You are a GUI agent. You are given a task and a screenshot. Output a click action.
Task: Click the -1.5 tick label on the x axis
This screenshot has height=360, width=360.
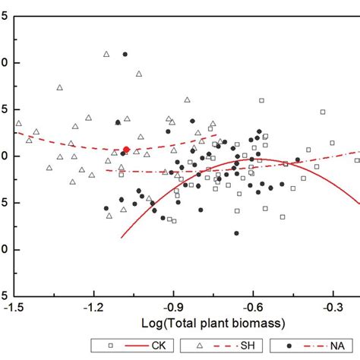click(14, 308)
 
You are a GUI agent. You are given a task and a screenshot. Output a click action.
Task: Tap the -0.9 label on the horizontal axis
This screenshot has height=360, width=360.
click(173, 308)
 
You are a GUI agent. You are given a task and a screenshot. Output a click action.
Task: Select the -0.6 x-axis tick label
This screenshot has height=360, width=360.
click(252, 308)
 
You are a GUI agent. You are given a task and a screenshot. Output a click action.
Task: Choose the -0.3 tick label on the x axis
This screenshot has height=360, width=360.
click(332, 308)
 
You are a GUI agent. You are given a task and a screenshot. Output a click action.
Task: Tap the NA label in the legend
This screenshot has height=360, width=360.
click(336, 346)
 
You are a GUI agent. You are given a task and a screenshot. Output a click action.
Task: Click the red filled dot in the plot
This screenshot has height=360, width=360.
click(126, 150)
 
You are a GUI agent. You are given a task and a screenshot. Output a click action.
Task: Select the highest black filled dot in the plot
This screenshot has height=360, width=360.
click(125, 55)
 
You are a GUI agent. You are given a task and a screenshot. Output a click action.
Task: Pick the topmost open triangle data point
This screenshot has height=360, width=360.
click(106, 54)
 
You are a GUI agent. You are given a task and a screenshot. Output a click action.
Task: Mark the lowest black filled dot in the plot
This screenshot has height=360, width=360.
click(236, 234)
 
